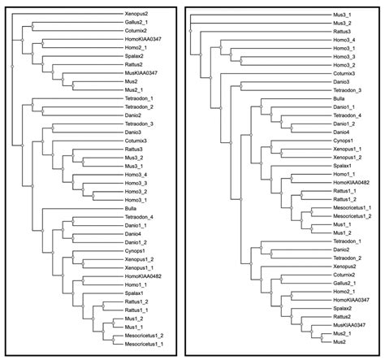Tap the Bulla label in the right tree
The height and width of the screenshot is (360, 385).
(322, 98)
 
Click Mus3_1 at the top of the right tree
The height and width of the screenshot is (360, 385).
(324, 13)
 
